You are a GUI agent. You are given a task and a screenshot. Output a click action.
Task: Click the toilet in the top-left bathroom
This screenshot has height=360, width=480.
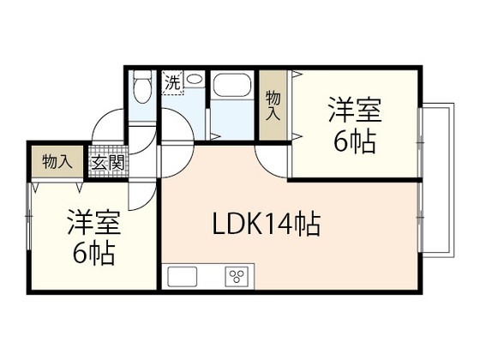click(x=142, y=87)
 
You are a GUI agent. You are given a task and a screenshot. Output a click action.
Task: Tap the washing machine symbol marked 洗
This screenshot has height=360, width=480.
click(x=173, y=84)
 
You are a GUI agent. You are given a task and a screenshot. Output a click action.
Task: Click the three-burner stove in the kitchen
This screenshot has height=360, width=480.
click(x=236, y=276)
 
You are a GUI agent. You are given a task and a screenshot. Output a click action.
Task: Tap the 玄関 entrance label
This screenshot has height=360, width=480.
click(x=107, y=161)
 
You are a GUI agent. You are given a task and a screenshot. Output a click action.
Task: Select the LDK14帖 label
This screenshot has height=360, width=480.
click(x=267, y=225)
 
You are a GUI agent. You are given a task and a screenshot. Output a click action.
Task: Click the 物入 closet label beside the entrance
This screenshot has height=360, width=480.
click(x=56, y=161)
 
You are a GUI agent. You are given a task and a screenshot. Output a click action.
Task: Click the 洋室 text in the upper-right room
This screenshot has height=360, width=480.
click(x=354, y=111)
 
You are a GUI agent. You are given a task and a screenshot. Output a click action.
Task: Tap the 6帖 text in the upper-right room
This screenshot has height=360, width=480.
click(x=354, y=141)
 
